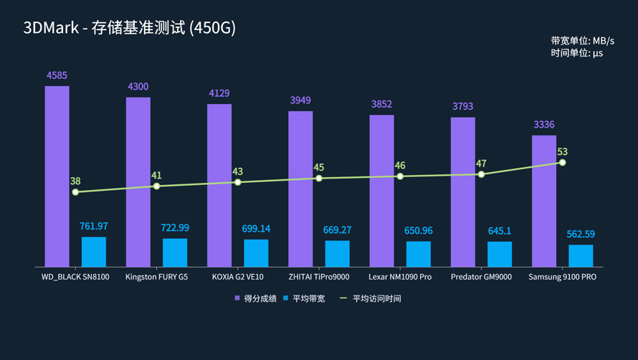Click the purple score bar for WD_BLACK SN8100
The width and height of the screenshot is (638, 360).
pos(57,176)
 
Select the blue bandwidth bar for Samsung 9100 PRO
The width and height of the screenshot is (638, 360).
pos(581,256)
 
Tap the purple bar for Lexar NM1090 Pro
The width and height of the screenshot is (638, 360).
pos(381,190)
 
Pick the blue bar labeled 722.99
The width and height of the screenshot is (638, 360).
pos(175,252)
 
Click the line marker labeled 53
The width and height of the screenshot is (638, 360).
pos(563,163)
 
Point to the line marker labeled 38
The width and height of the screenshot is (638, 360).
pos(75,192)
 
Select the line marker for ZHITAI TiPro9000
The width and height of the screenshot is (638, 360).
pos(319,178)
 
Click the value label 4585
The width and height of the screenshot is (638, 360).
pos(57,75)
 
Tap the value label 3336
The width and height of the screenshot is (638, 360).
pos(544,125)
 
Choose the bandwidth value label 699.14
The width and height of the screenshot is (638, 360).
pos(256,229)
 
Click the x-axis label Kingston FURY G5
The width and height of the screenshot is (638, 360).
pos(156,277)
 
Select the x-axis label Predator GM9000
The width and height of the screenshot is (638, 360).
pos(481,277)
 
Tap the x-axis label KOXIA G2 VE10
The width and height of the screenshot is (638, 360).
pos(237,277)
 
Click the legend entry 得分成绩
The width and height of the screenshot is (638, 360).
pos(255,298)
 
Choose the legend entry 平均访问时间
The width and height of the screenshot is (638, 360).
pos(371,298)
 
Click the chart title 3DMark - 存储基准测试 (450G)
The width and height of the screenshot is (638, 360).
pos(129,28)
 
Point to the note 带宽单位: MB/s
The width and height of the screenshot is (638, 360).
pos(582,41)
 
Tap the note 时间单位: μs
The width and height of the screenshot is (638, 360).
pos(576,53)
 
